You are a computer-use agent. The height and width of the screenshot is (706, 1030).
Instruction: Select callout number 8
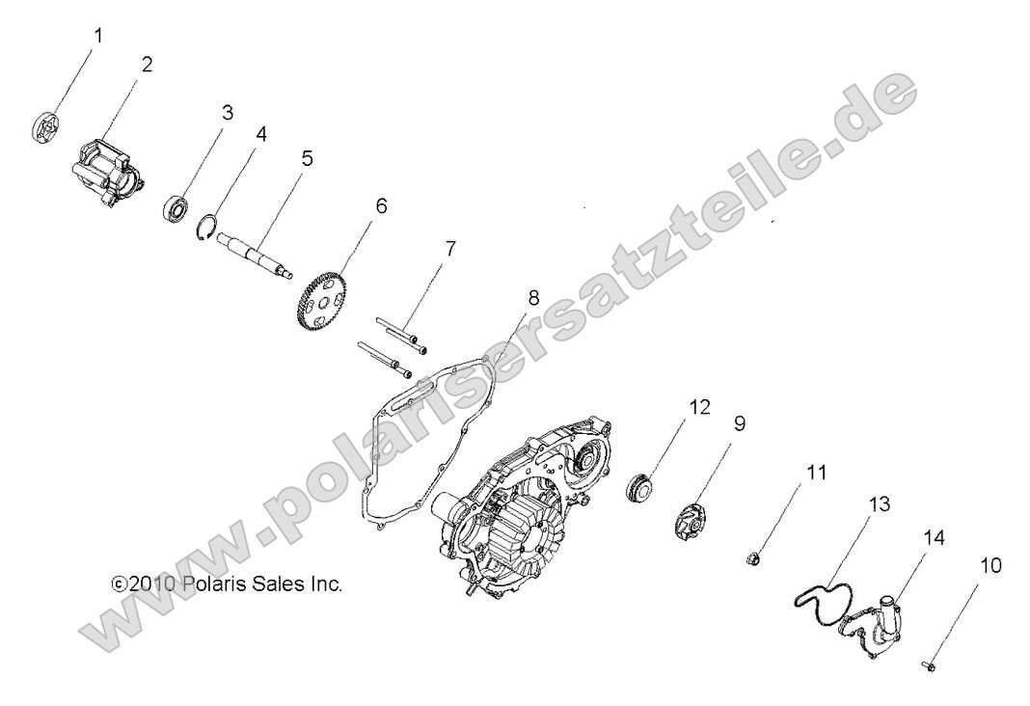tap(533, 298)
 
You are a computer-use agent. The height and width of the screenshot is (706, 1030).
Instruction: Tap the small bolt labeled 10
tap(928, 665)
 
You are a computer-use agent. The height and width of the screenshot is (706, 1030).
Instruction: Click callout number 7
tap(448, 249)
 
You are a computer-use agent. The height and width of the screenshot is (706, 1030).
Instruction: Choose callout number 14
tap(907, 536)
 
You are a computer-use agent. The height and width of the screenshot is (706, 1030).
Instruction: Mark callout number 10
tap(990, 566)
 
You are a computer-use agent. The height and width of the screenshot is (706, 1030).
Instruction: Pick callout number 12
tap(700, 407)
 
